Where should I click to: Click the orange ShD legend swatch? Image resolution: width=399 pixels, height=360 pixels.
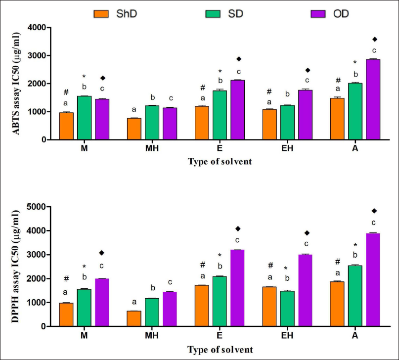click(101, 14)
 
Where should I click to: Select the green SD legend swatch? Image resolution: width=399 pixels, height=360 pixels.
click(213, 14)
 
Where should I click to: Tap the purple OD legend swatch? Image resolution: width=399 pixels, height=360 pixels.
click(318, 14)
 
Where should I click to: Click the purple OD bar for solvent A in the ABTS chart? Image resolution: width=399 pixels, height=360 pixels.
click(373, 99)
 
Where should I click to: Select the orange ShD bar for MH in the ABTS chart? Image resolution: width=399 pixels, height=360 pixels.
click(134, 129)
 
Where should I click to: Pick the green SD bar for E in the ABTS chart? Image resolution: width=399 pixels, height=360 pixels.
click(220, 115)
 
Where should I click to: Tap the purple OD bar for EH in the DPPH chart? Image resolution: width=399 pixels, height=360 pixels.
click(305, 290)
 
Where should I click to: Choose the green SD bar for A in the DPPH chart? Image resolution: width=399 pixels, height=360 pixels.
click(355, 296)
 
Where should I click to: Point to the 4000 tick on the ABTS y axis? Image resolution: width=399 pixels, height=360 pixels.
click(37, 28)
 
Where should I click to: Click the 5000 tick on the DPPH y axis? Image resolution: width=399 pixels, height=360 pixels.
click(37, 207)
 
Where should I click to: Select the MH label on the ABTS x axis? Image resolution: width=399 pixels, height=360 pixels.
click(152, 148)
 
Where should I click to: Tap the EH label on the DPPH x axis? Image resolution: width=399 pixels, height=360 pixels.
click(287, 335)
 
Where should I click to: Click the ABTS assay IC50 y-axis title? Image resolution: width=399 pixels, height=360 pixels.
click(15, 84)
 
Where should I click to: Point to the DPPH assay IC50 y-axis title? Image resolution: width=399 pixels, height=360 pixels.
click(15, 267)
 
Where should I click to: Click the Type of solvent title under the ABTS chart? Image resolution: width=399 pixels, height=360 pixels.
click(220, 162)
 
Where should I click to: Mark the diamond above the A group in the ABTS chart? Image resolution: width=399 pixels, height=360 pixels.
click(375, 39)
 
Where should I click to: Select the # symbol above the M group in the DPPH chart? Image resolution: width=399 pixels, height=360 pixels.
click(66, 278)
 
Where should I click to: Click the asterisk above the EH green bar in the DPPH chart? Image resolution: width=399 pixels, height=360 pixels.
click(286, 269)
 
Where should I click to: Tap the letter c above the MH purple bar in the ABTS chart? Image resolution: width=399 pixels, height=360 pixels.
click(171, 98)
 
